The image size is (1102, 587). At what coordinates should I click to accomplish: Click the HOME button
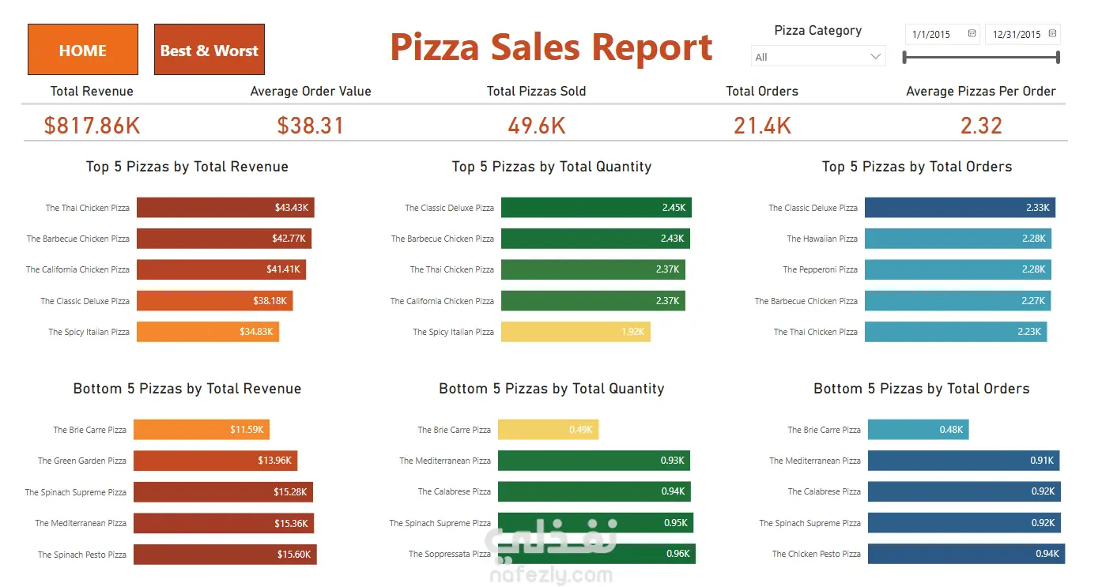point(83,50)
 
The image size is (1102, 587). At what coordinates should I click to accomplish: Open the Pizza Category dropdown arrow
point(875,57)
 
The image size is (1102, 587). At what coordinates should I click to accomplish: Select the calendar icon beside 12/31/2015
point(1052,33)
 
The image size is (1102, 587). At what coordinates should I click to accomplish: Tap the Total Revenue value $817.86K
point(92,126)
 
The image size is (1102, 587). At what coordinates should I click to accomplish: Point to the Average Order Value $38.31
point(311,126)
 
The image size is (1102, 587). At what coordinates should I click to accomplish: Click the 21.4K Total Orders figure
point(762,126)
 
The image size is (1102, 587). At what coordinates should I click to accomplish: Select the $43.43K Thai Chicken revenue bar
point(225,208)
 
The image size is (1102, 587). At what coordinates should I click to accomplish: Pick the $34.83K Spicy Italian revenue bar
point(208,331)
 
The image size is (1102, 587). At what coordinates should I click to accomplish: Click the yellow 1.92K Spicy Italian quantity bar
point(576,331)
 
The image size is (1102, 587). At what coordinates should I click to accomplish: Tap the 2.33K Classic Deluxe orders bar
point(960,208)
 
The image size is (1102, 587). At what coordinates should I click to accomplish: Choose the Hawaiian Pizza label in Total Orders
point(822,239)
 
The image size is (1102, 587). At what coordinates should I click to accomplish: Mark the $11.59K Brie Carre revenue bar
point(202,429)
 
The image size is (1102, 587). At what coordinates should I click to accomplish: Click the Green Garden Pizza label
point(82,461)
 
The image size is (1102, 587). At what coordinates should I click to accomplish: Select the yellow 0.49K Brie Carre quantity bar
point(548,429)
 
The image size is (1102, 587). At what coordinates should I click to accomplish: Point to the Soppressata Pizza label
point(450,554)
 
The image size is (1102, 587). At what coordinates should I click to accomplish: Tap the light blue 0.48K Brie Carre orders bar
point(918,429)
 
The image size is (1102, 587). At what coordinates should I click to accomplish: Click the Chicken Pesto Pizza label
point(816,554)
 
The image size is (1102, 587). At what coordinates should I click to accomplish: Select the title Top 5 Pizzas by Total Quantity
point(552,167)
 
